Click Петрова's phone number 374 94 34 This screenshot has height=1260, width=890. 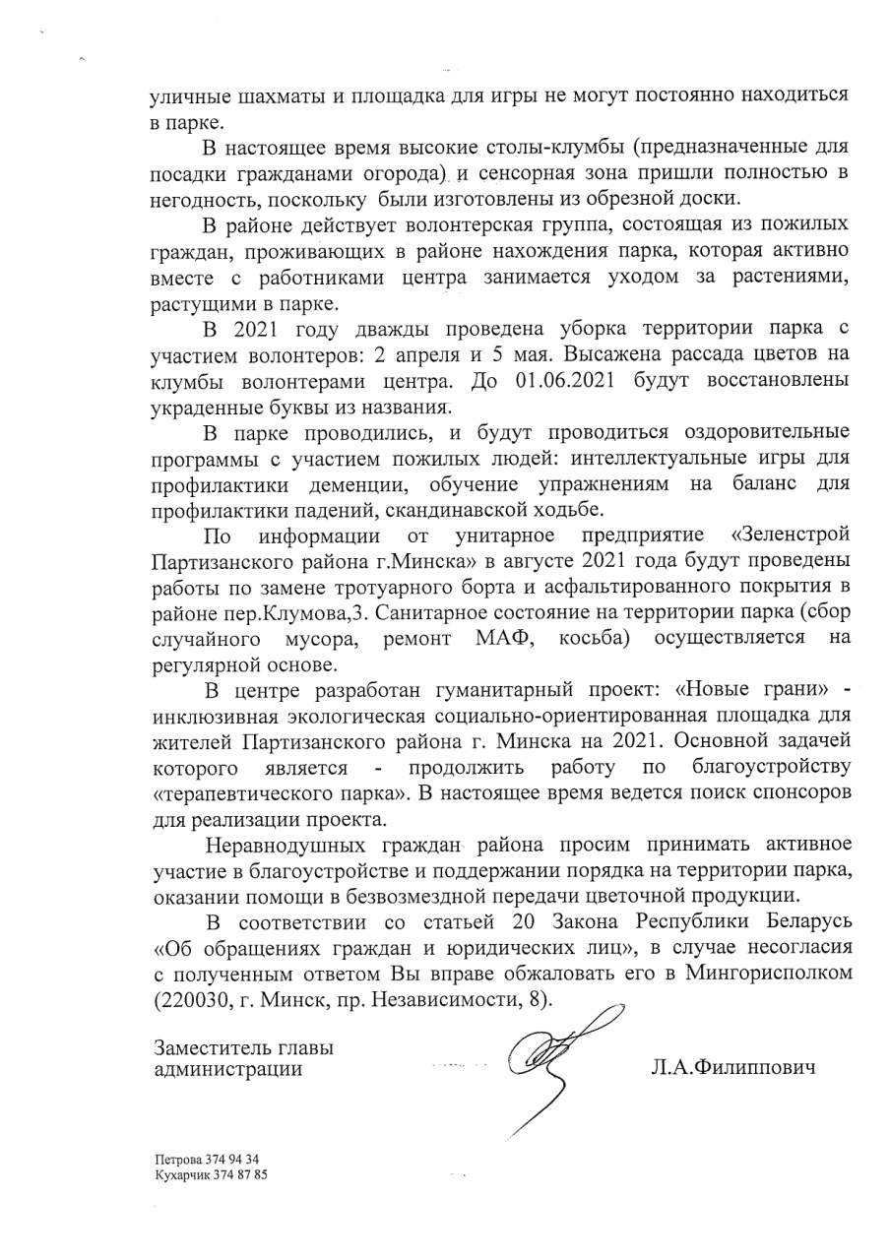(231, 1160)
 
